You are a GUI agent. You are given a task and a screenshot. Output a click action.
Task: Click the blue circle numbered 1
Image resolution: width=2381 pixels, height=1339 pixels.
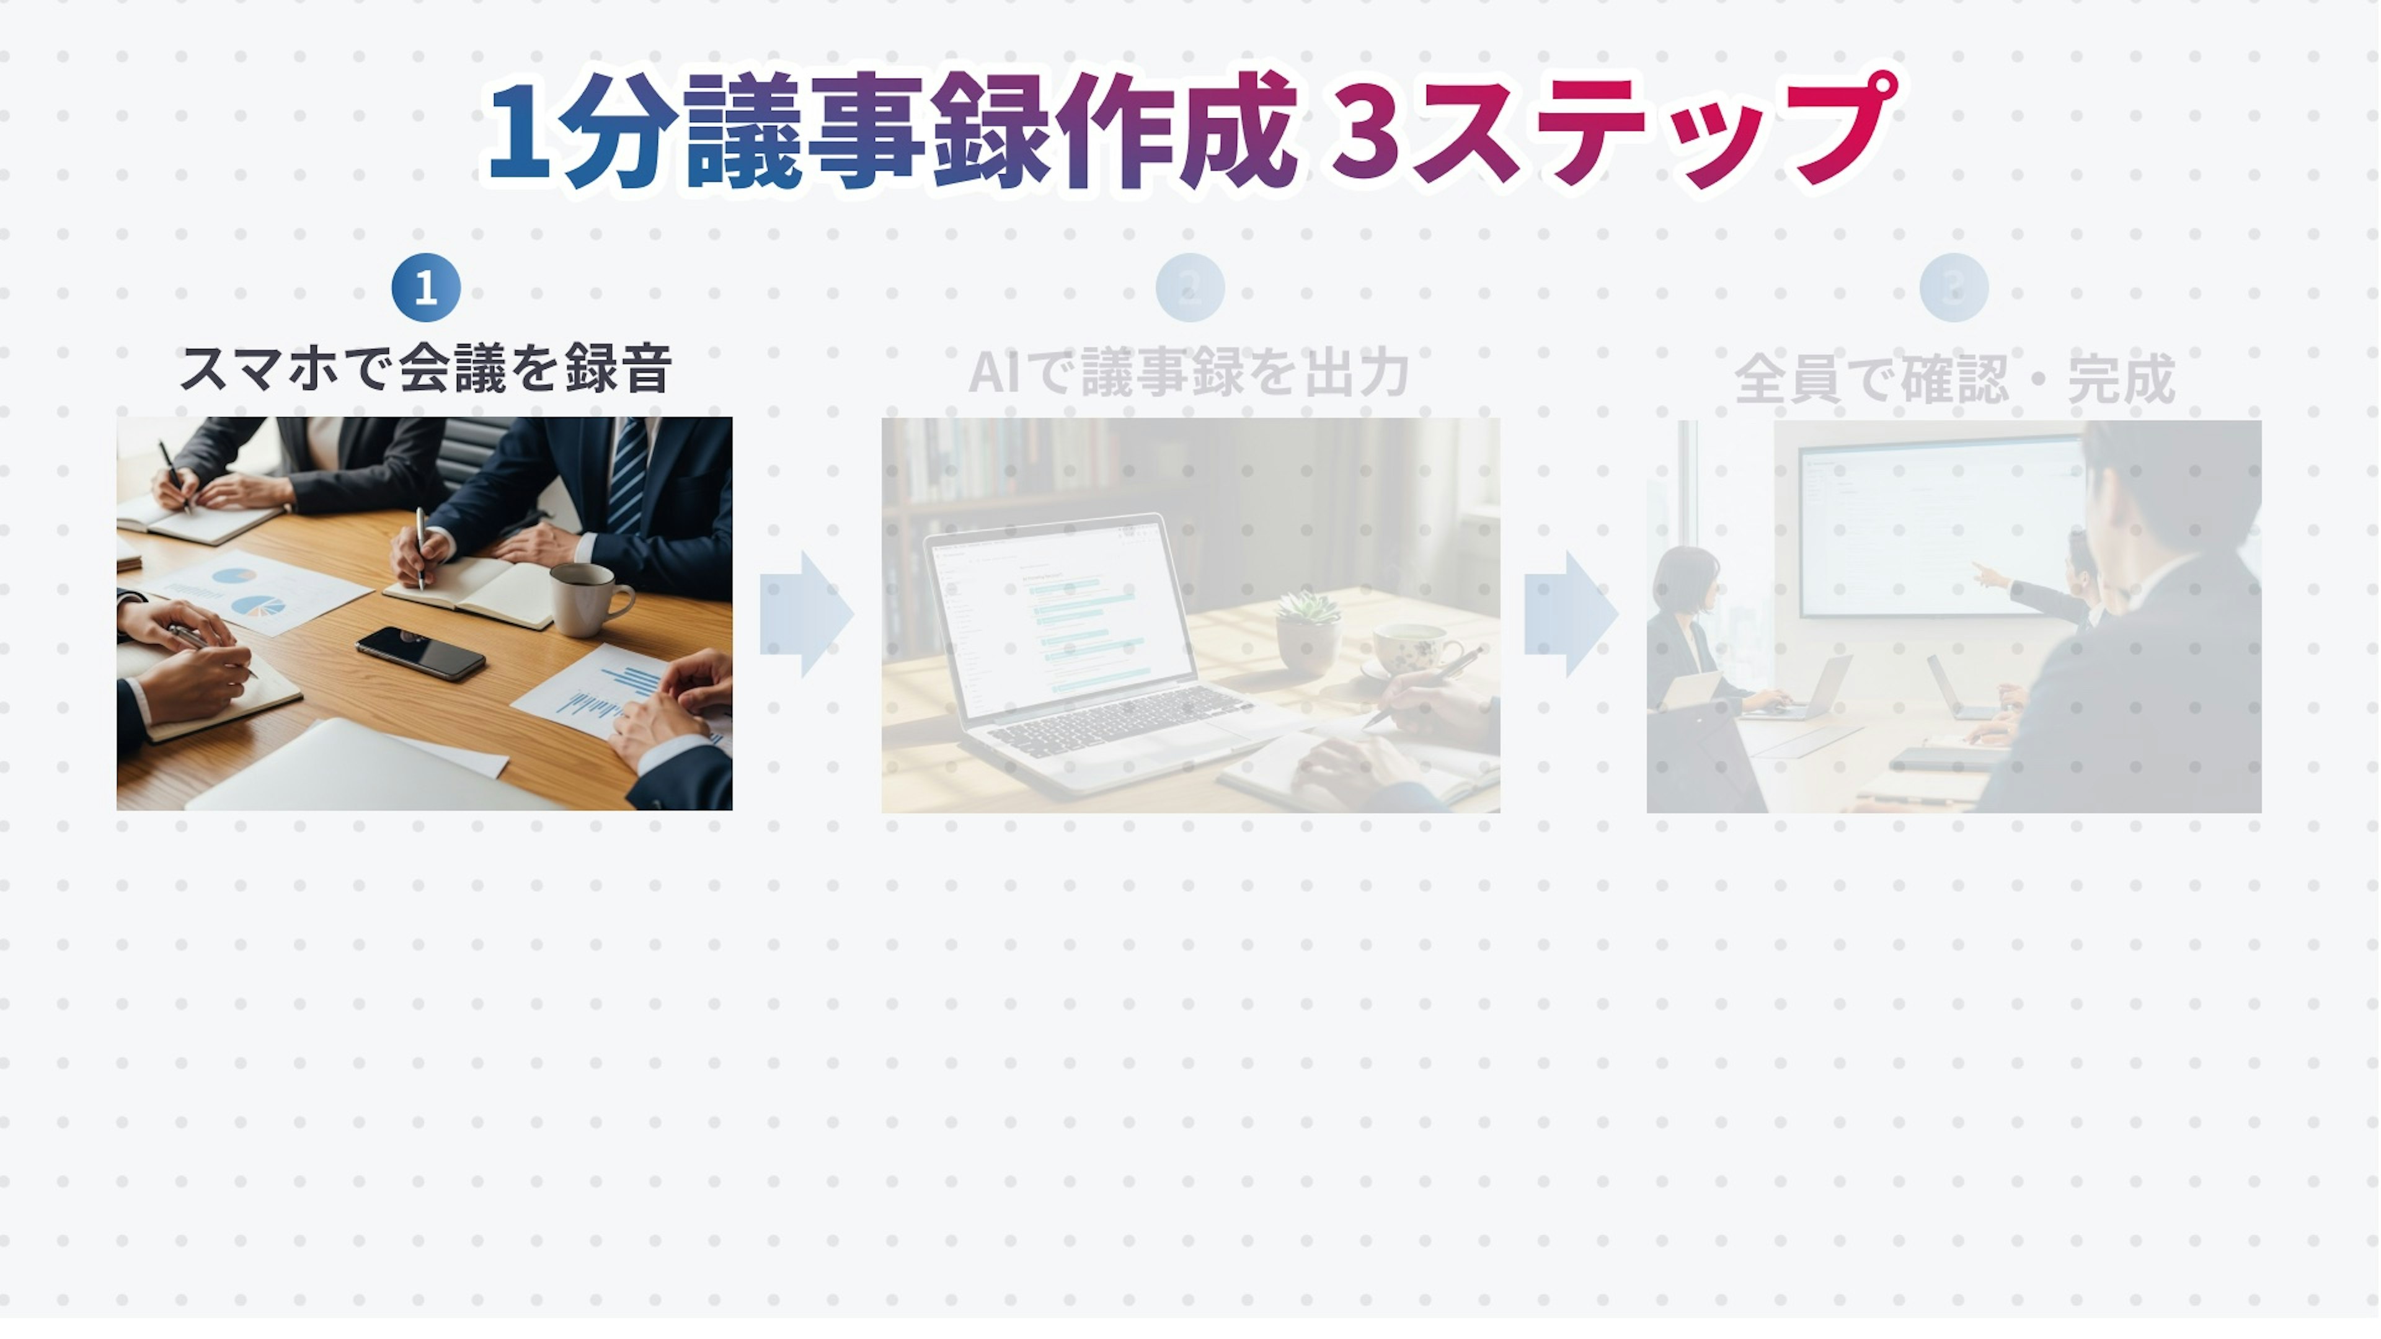425,288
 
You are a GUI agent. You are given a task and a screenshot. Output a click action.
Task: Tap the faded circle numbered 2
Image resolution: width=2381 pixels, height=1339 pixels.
1190,288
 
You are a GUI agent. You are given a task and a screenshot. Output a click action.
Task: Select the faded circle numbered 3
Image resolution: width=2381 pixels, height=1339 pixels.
1954,288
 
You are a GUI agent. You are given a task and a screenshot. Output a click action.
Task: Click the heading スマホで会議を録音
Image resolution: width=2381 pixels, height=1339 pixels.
425,369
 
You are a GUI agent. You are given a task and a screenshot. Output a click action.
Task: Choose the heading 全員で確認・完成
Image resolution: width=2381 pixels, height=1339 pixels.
1954,378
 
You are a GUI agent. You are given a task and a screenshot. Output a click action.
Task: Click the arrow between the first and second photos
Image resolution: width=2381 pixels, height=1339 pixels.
807,614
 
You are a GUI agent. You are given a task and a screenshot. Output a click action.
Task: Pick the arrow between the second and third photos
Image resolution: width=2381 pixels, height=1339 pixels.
1571,614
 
